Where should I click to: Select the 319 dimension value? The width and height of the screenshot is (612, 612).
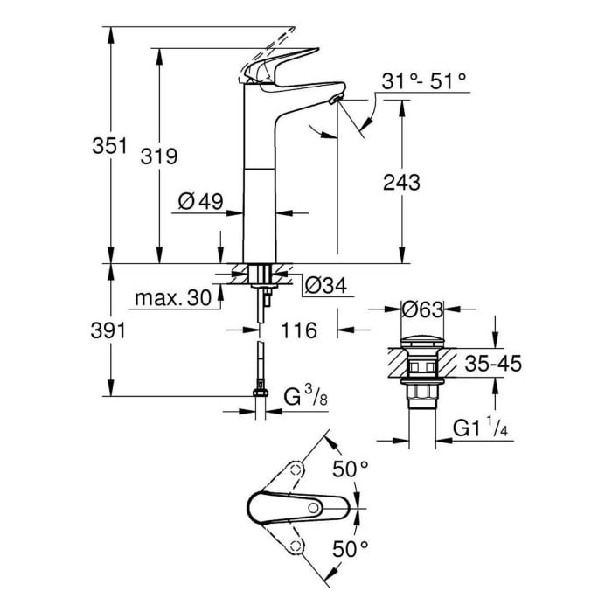coord(159,156)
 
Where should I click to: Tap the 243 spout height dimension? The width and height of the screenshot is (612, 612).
coord(401,183)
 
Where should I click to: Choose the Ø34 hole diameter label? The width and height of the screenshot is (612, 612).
coord(323,284)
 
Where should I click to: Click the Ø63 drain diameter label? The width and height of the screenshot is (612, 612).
coord(421,309)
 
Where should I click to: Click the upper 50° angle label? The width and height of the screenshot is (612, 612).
coord(350,469)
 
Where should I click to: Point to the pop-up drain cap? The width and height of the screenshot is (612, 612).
coord(421,340)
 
